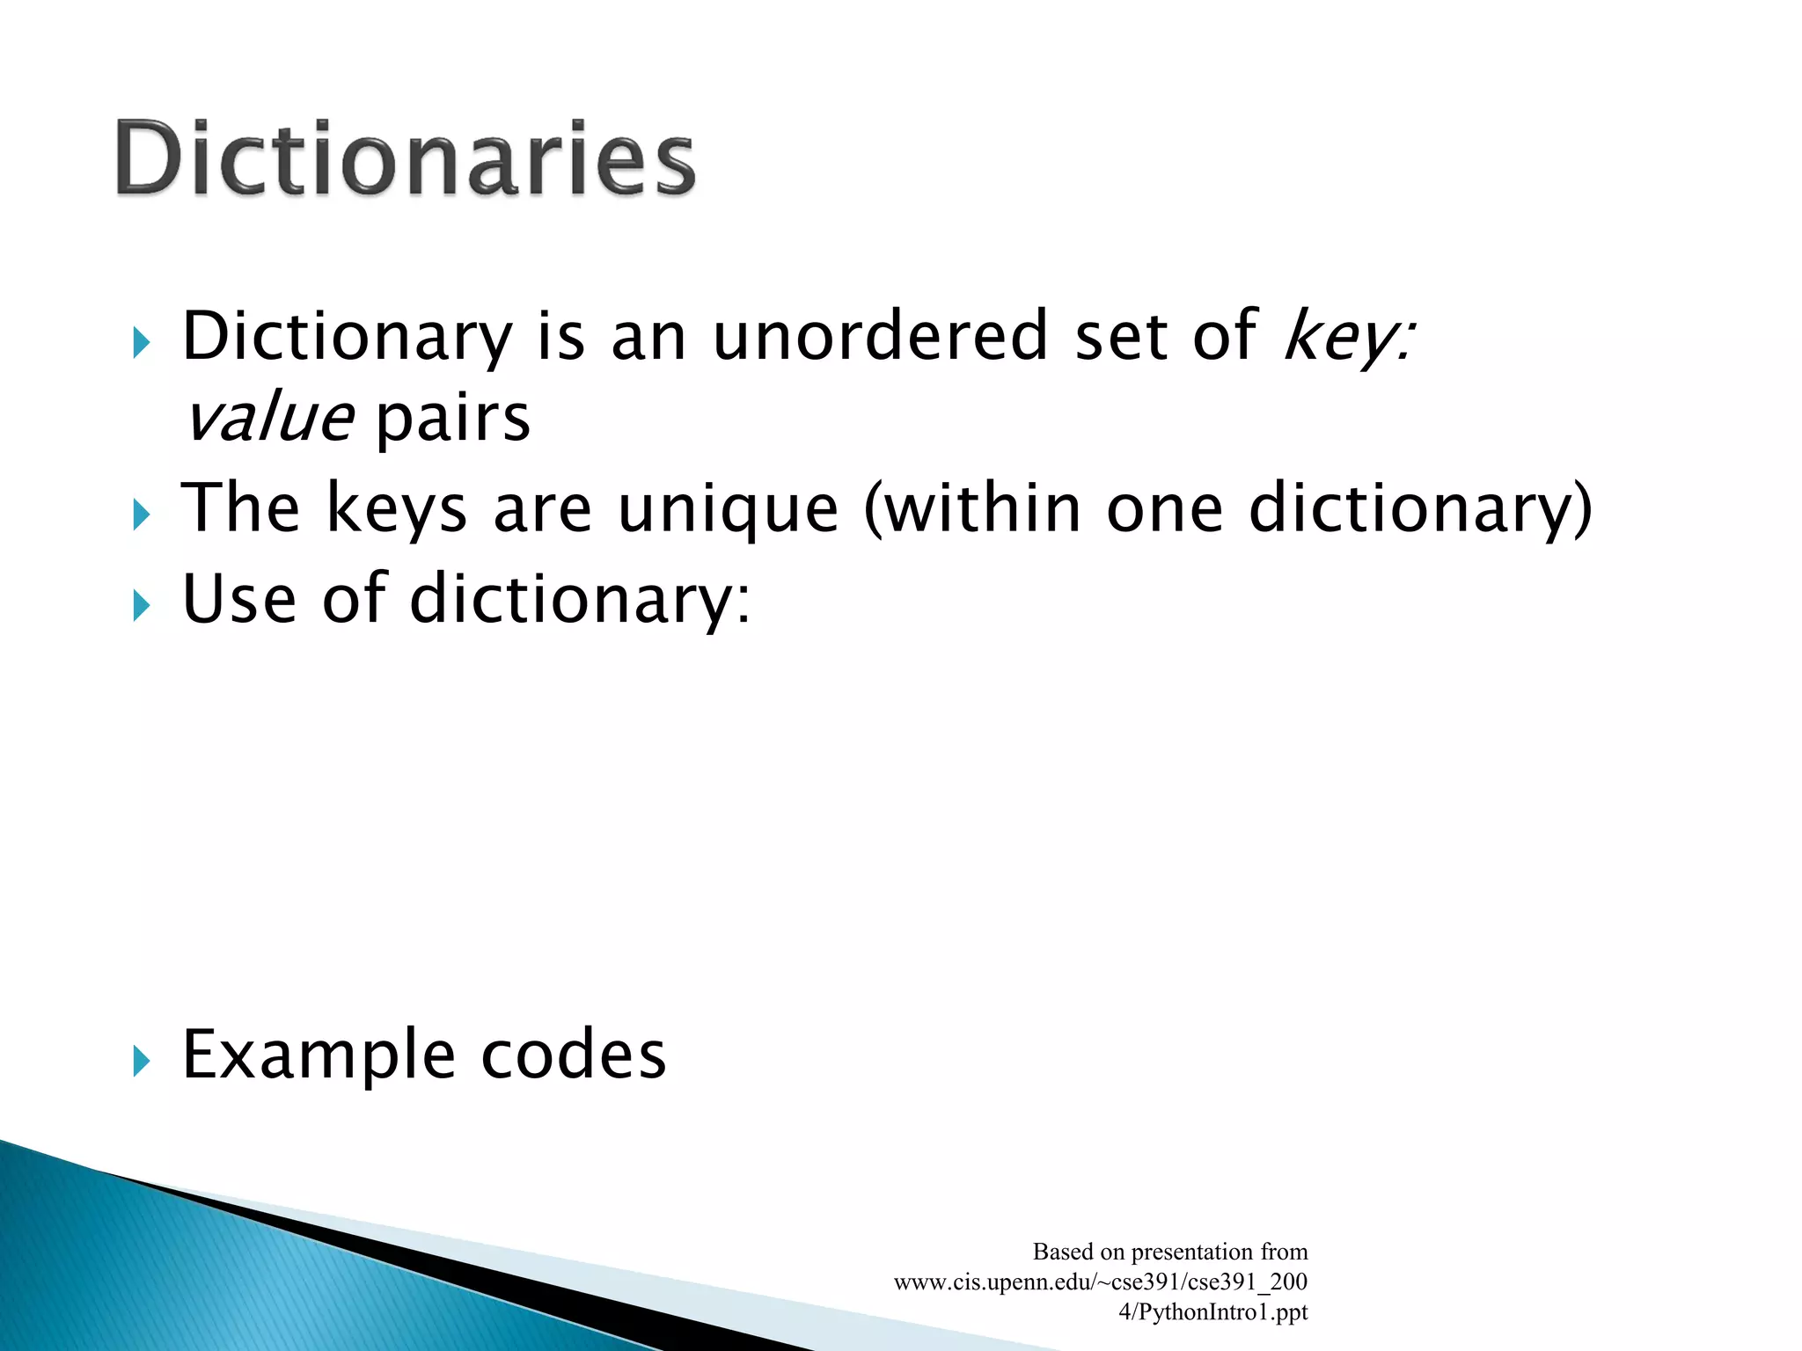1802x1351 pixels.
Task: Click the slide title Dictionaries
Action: pyautogui.click(x=405, y=158)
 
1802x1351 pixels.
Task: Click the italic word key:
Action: pyautogui.click(x=1349, y=336)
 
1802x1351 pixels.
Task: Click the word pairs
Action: pyautogui.click(x=453, y=420)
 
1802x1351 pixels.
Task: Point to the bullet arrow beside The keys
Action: pyautogui.click(x=142, y=515)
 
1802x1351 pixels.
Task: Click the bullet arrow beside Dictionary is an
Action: pyautogui.click(x=142, y=342)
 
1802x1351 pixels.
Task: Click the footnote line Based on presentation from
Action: pyautogui.click(x=1169, y=1252)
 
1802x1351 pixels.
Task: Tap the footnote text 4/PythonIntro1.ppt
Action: pyautogui.click(x=1212, y=1312)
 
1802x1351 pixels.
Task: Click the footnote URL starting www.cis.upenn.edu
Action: pyautogui.click(x=1100, y=1282)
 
